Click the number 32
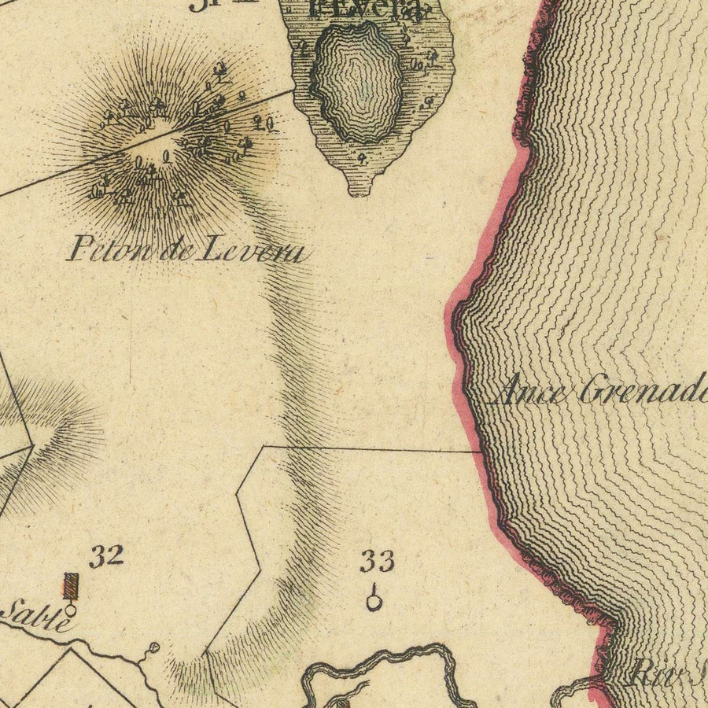[x=106, y=556]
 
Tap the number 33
[x=377, y=562]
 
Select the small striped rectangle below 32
[x=72, y=586]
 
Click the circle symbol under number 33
[x=374, y=602]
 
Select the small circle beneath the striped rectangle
[x=71, y=609]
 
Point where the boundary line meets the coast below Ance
[x=481, y=452]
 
